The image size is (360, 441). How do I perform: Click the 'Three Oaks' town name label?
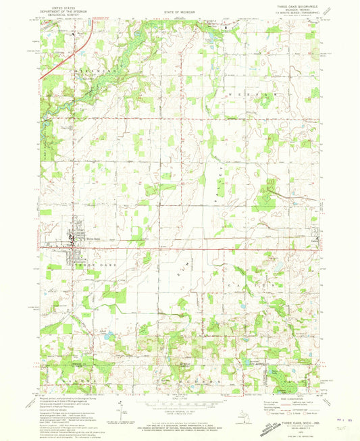point(92,238)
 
